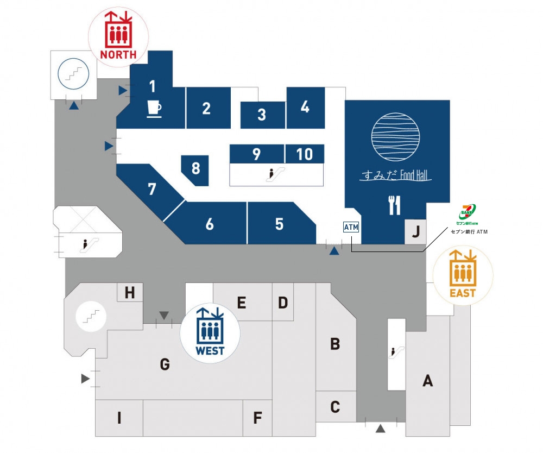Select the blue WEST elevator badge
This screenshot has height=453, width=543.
210,332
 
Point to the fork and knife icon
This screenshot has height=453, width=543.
394,205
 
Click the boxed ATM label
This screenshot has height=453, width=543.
351,228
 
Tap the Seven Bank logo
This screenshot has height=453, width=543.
468,213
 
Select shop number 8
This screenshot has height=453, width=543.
195,168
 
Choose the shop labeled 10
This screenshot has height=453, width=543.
305,154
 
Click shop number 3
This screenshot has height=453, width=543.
262,115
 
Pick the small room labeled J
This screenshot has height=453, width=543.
415,232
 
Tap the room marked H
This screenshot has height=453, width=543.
129,293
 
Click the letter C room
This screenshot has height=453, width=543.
335,406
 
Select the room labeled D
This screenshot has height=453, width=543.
282,303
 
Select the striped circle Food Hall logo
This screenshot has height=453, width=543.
396,136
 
